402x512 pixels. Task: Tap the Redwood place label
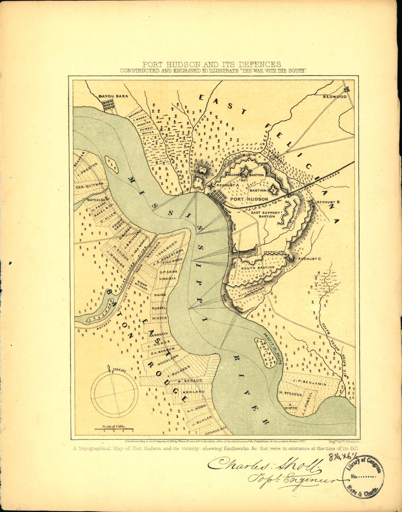[x=334, y=96]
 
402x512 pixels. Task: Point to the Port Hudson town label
[x=249, y=199]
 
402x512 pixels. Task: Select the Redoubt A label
[x=227, y=186]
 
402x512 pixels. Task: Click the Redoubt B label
[x=329, y=202]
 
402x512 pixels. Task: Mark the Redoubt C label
[x=309, y=259]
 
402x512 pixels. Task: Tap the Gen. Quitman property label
[x=90, y=187]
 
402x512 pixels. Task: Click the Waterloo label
[x=96, y=200]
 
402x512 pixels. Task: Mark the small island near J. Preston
[x=111, y=165]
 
